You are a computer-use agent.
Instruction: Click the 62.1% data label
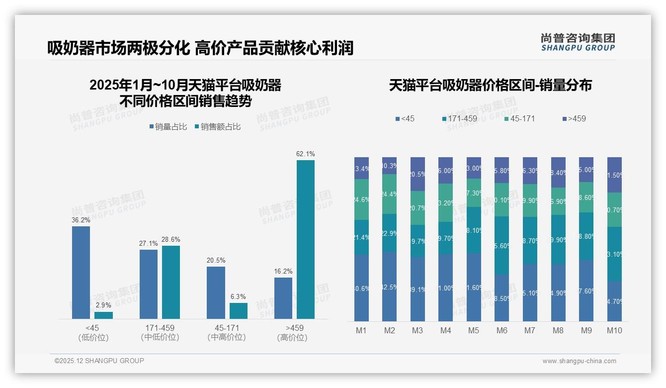[x=305, y=154]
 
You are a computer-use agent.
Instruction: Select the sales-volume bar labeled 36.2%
[x=81, y=272]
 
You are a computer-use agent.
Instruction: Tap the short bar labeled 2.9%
[x=103, y=315]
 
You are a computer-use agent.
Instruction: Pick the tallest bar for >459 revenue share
[x=305, y=239]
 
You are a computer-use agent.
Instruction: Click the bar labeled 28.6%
[x=171, y=282]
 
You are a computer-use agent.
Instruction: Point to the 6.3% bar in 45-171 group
[x=239, y=311]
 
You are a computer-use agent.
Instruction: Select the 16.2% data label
[x=283, y=271]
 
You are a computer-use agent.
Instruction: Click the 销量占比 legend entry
[x=167, y=127]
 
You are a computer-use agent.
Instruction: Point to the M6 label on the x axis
[x=501, y=330]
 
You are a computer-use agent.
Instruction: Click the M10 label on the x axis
[x=614, y=330]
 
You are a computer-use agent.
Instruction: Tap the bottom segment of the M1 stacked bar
[x=361, y=288]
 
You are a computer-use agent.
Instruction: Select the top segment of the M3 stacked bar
[x=417, y=174]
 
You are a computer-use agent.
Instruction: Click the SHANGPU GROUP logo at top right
[x=578, y=42]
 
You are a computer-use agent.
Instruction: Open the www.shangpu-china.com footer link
[x=579, y=361]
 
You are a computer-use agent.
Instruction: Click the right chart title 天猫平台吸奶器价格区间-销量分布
[x=490, y=85]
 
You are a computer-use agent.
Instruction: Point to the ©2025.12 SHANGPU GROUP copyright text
[x=99, y=361]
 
